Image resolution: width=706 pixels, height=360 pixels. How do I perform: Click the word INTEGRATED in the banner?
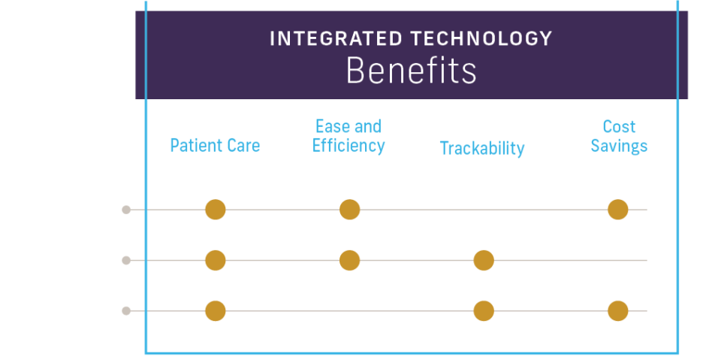(x=336, y=39)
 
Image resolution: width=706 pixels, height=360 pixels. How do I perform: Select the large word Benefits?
(x=411, y=71)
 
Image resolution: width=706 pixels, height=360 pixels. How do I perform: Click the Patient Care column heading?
(x=216, y=146)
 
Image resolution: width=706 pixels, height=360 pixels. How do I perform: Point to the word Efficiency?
(x=348, y=146)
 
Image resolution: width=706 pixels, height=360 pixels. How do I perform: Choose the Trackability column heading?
(x=482, y=148)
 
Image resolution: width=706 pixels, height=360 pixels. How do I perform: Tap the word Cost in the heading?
(x=619, y=126)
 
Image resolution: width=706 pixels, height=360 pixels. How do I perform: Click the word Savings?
(x=619, y=146)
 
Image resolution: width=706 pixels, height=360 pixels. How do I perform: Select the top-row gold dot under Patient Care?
(x=216, y=210)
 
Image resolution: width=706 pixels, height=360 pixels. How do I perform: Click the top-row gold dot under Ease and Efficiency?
(x=350, y=210)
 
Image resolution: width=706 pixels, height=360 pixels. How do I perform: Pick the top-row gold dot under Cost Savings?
(x=617, y=210)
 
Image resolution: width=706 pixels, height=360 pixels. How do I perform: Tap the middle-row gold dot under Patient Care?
(x=216, y=261)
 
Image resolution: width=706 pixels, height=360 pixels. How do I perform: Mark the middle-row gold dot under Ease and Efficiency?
(x=350, y=261)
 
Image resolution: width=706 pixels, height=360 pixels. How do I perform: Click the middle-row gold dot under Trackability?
(x=484, y=261)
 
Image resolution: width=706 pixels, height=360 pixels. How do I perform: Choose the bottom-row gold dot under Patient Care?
(x=216, y=311)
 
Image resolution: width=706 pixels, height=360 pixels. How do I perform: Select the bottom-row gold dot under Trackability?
(x=484, y=311)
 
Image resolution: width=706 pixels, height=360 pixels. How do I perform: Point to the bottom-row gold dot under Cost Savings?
(x=617, y=311)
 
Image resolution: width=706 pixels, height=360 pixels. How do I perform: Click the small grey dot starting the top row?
(x=126, y=210)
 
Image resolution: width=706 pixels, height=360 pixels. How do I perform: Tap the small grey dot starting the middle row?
(x=126, y=261)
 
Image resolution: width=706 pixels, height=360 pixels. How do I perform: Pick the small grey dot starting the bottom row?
(x=126, y=311)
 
